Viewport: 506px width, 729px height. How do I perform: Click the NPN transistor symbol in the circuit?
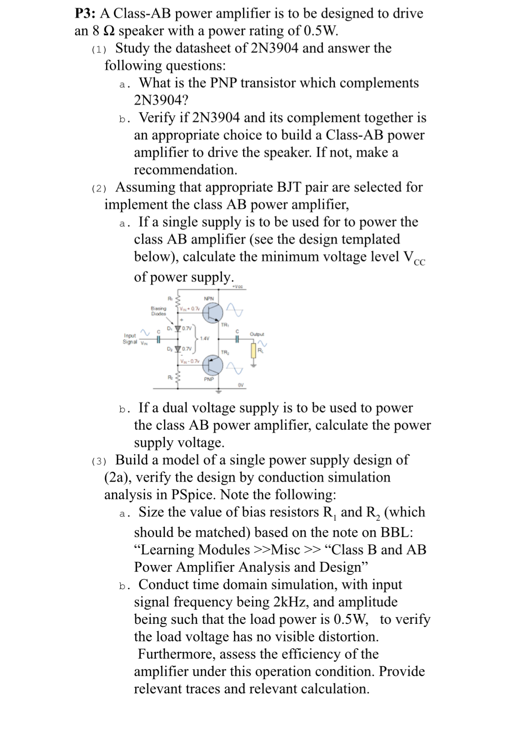pyautogui.click(x=213, y=312)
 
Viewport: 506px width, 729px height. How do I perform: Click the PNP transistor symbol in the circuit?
pyautogui.click(x=213, y=365)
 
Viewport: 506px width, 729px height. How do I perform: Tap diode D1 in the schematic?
pyautogui.click(x=178, y=329)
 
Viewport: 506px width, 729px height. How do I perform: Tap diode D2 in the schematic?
pyautogui.click(x=178, y=349)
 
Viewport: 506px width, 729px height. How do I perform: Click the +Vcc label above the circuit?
pyautogui.click(x=237, y=286)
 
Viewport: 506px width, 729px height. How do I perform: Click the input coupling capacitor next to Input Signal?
pyautogui.click(x=158, y=339)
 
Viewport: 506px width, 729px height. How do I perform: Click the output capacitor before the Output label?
pyautogui.click(x=237, y=339)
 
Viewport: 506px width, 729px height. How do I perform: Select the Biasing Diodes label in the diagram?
pyautogui.click(x=158, y=310)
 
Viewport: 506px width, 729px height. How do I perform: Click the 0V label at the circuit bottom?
pyautogui.click(x=241, y=385)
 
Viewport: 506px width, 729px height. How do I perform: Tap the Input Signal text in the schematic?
pyautogui.click(x=130, y=339)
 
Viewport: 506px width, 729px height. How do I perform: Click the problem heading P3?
pyautogui.click(x=85, y=14)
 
